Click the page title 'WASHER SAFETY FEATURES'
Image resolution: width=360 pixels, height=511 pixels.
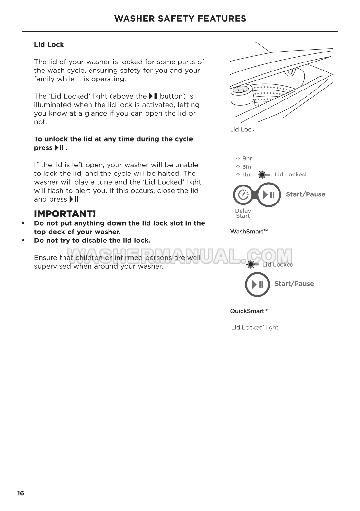click(180, 19)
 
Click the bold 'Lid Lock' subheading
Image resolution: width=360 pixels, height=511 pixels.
click(49, 45)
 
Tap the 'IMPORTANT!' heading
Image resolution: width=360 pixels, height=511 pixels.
click(65, 214)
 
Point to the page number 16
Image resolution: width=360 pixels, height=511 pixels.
click(21, 493)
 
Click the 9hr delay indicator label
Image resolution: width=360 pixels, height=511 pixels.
click(247, 158)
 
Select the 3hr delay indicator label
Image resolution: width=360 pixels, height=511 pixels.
click(247, 166)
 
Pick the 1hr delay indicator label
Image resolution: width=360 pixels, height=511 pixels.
click(246, 175)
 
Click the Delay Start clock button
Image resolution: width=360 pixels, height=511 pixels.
click(243, 195)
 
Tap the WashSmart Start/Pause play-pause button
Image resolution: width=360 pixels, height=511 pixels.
click(269, 195)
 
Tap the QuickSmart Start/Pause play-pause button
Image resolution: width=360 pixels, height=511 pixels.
click(257, 284)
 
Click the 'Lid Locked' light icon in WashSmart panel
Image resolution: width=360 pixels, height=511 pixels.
click(262, 175)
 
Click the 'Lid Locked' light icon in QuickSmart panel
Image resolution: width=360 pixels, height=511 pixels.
click(251, 264)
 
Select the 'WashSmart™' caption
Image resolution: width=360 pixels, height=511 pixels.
click(249, 231)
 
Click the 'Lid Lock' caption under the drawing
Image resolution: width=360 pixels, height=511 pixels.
click(242, 129)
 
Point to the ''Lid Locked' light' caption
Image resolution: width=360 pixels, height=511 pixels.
click(254, 327)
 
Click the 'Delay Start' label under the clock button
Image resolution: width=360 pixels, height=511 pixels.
click(243, 213)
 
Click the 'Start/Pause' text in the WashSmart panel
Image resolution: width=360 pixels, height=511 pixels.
click(306, 194)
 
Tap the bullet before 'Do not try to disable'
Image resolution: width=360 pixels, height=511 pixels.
click(23, 241)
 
